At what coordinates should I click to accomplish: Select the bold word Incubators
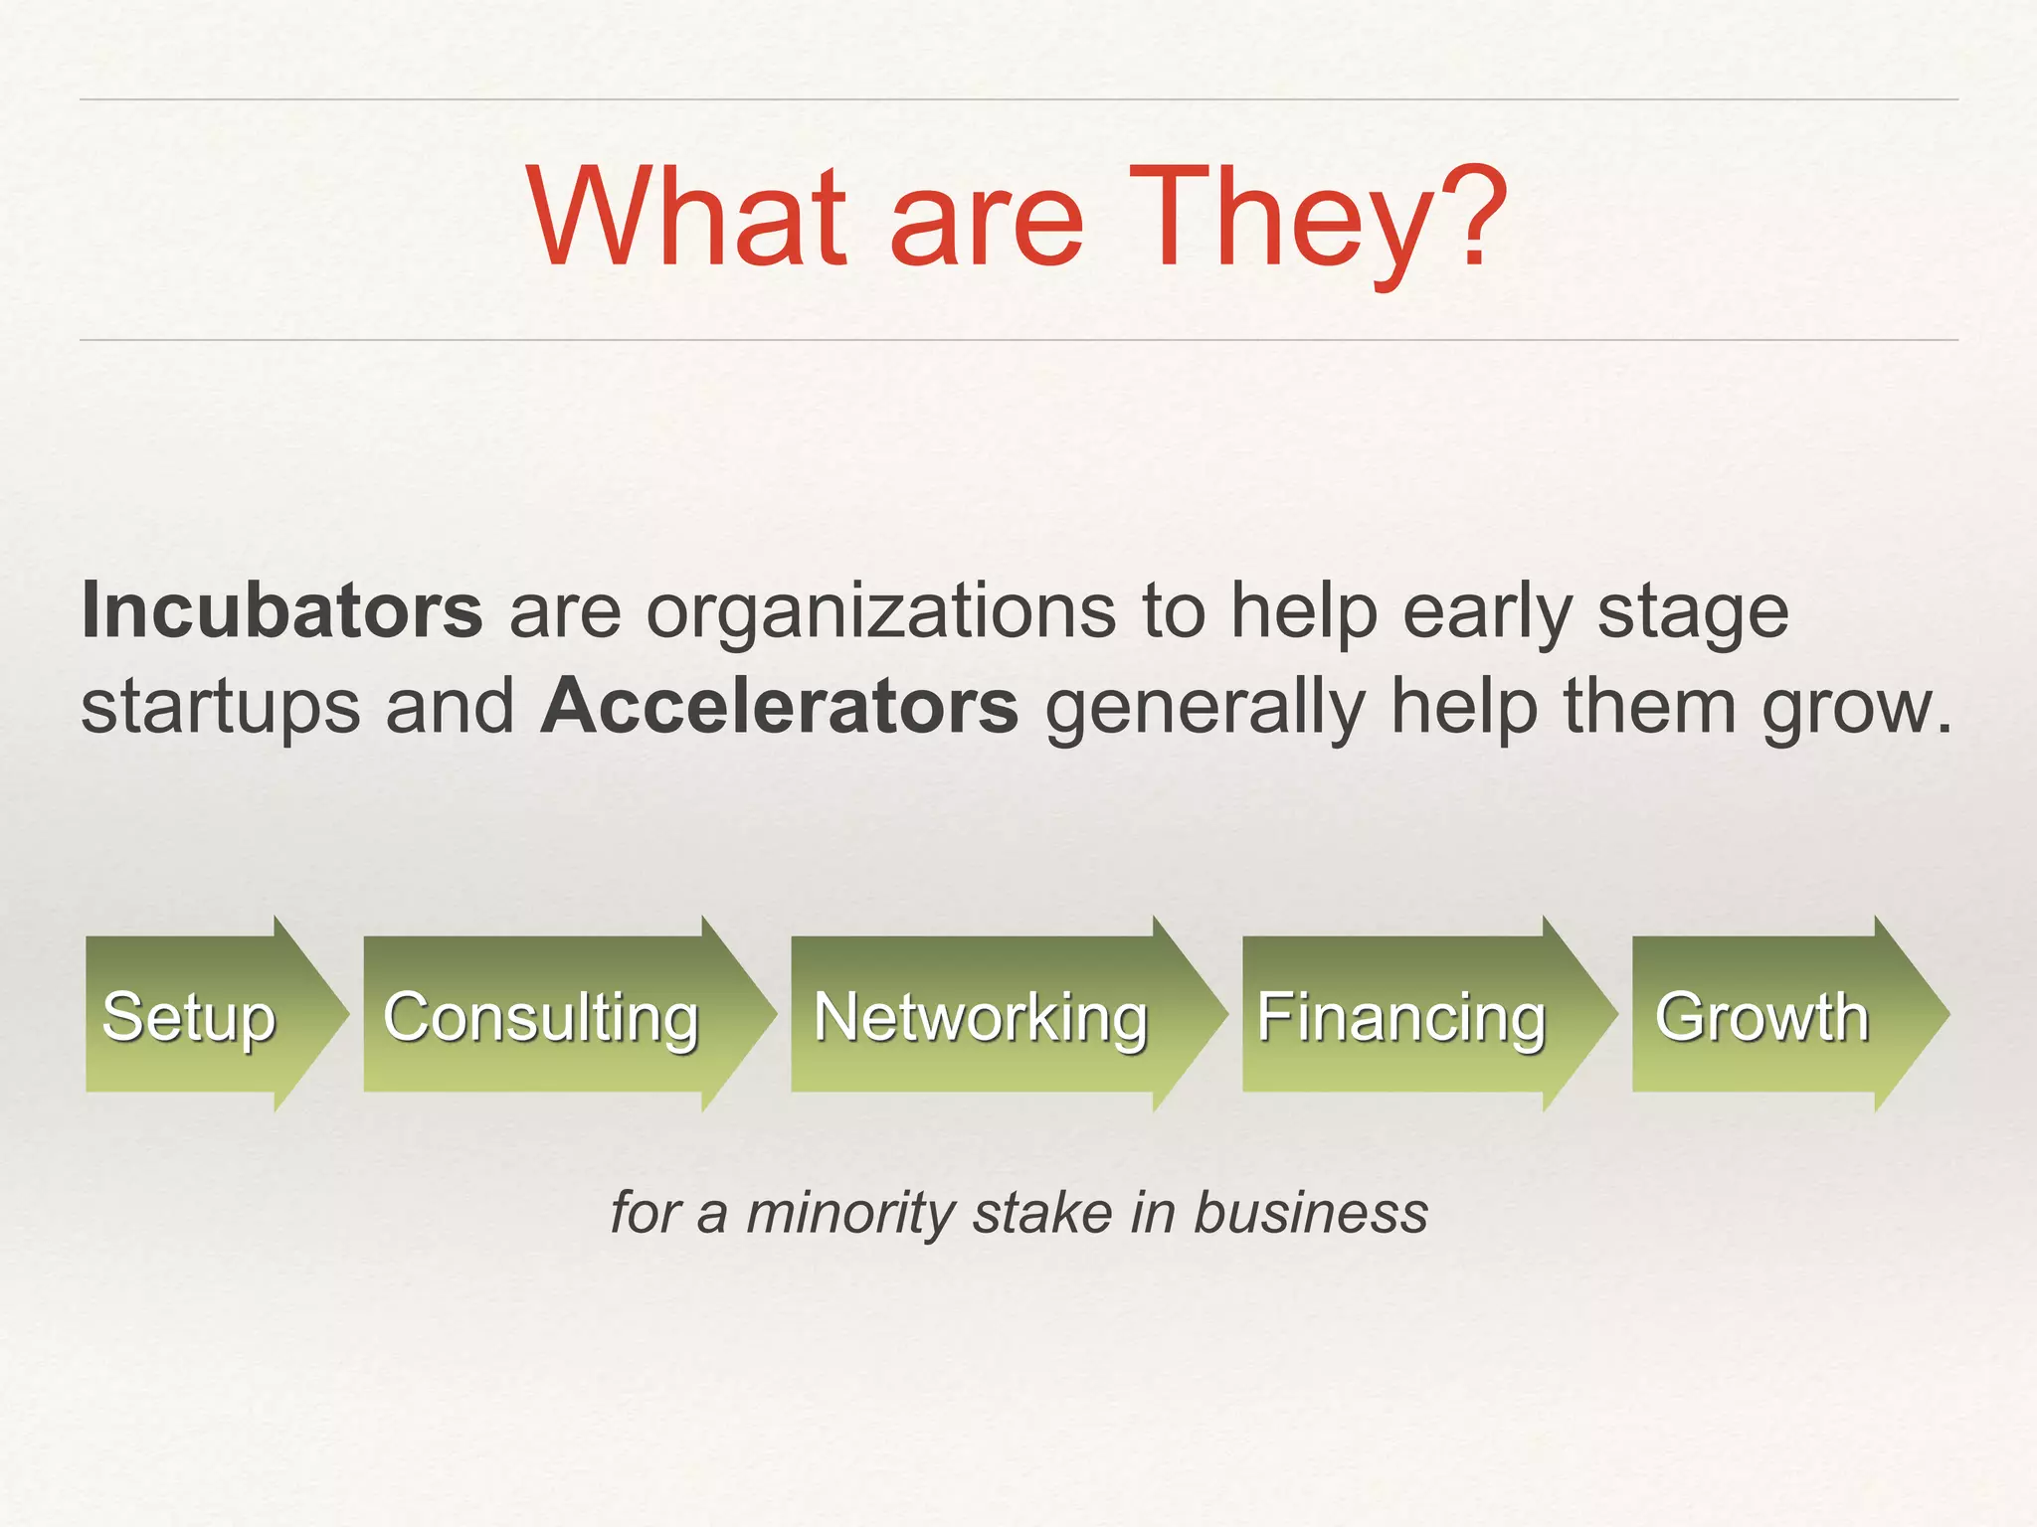282,610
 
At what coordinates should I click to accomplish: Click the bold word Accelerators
780,706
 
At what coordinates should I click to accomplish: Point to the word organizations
881,612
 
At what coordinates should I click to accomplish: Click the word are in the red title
985,221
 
